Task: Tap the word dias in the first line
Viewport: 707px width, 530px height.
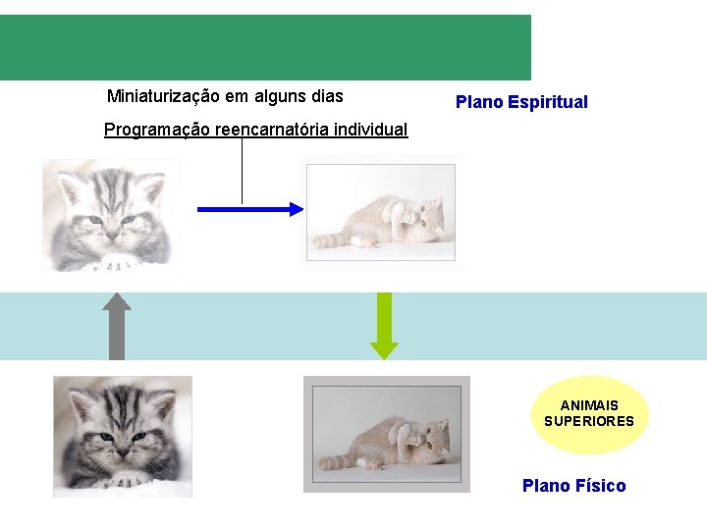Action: point(326,96)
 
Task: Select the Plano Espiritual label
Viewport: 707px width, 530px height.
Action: point(521,102)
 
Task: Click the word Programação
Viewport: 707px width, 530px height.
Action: point(157,130)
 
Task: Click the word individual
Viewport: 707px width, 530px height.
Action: point(370,130)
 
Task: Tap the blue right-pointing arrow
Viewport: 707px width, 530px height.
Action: point(251,208)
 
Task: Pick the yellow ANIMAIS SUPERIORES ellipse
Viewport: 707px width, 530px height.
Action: point(589,413)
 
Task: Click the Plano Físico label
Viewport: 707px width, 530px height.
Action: point(573,486)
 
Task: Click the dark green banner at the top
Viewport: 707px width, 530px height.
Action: point(265,47)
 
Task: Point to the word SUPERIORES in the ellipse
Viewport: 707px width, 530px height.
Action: point(589,421)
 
